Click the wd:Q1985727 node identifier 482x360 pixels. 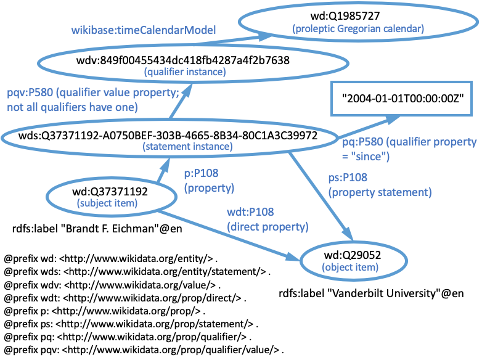(x=345, y=15)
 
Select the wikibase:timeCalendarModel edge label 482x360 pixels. (x=144, y=30)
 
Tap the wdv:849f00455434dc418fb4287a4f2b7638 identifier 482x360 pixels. (x=183, y=60)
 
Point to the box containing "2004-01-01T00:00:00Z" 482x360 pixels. (x=401, y=99)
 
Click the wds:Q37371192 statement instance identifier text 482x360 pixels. (x=168, y=135)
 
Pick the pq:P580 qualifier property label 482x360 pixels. (x=409, y=149)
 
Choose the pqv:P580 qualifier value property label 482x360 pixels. (x=93, y=100)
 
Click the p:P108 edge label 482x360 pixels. (x=209, y=181)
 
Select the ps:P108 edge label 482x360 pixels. (x=380, y=185)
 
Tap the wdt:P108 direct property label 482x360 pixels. (x=268, y=219)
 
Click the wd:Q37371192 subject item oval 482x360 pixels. (x=112, y=197)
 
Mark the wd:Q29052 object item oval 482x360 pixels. (x=354, y=261)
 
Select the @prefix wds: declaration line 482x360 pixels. (x=137, y=272)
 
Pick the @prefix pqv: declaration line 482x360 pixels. (x=144, y=350)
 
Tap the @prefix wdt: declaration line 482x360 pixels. (x=125, y=298)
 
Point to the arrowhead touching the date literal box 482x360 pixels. (x=393, y=120)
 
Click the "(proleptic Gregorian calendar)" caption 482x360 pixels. (x=358, y=28)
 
